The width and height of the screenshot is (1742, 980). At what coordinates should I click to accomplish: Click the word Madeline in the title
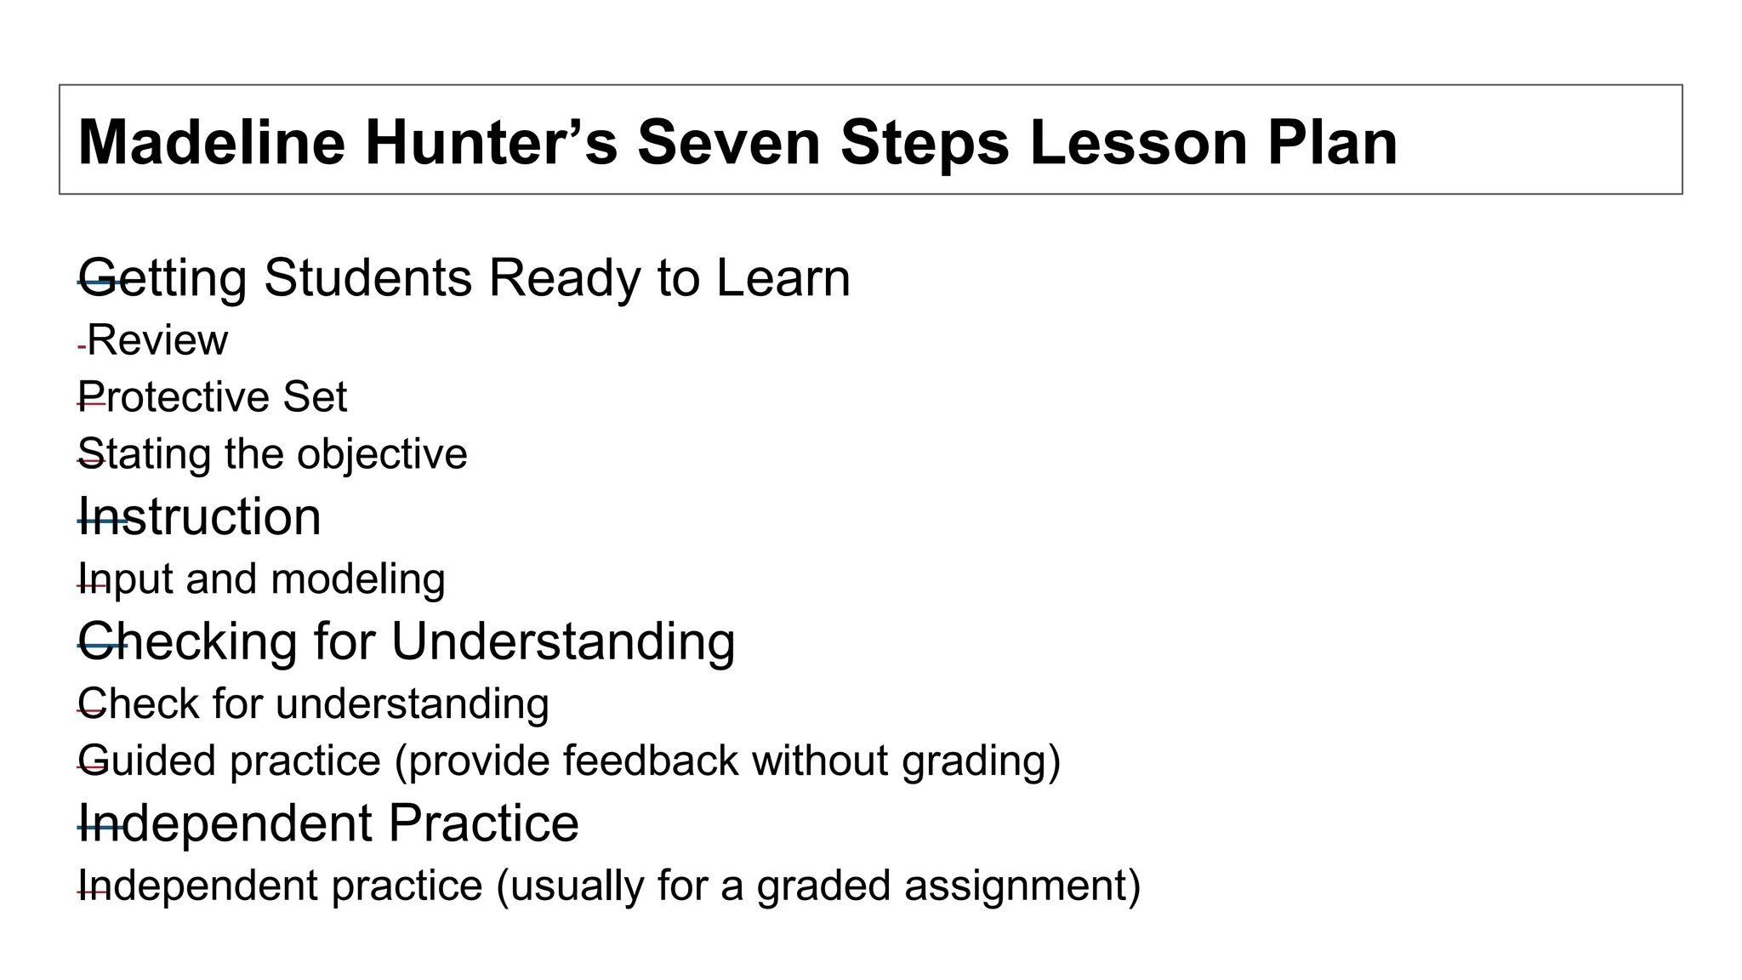coord(212,142)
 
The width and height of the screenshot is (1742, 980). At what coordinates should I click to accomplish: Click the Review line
coord(157,340)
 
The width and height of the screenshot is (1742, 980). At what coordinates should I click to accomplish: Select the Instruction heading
coord(200,516)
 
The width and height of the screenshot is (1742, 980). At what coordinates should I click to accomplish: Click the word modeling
coord(357,579)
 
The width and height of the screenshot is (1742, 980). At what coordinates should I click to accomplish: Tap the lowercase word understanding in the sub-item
coord(413,704)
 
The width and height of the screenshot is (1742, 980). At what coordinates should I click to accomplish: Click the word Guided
coord(146,761)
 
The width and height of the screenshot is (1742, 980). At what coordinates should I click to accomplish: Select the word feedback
coord(651,761)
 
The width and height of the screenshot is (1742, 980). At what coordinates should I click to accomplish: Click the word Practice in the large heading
coord(483,823)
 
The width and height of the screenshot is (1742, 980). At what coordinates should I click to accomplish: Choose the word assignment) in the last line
coord(1022,886)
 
